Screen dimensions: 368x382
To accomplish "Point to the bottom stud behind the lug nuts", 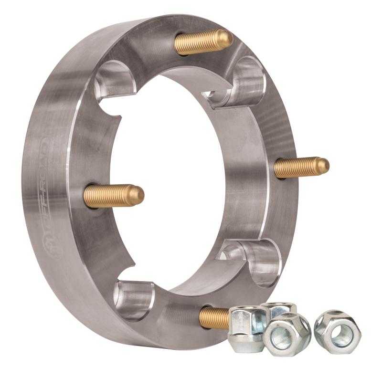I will [213, 317].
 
